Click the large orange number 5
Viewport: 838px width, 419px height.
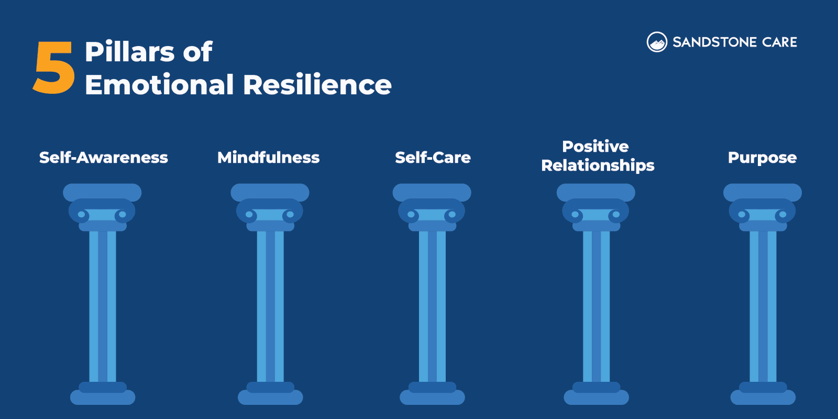54,68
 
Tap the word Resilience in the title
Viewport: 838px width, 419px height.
317,85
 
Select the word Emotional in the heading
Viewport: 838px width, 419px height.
159,85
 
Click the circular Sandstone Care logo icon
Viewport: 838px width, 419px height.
657,42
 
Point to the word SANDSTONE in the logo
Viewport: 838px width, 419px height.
715,42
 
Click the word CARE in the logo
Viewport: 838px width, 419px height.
780,42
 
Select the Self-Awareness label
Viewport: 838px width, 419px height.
104,157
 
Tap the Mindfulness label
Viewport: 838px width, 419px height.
268,157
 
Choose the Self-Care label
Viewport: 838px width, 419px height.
433,157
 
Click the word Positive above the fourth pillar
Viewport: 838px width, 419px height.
596,146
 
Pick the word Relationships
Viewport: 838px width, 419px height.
598,166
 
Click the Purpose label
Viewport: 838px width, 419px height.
762,157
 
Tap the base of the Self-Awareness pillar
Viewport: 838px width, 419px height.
103,394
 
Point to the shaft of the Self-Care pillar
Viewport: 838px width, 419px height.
432,306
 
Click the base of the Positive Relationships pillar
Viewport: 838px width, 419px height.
596,394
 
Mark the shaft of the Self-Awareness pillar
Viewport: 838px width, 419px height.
103,306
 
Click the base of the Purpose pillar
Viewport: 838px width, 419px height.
763,394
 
